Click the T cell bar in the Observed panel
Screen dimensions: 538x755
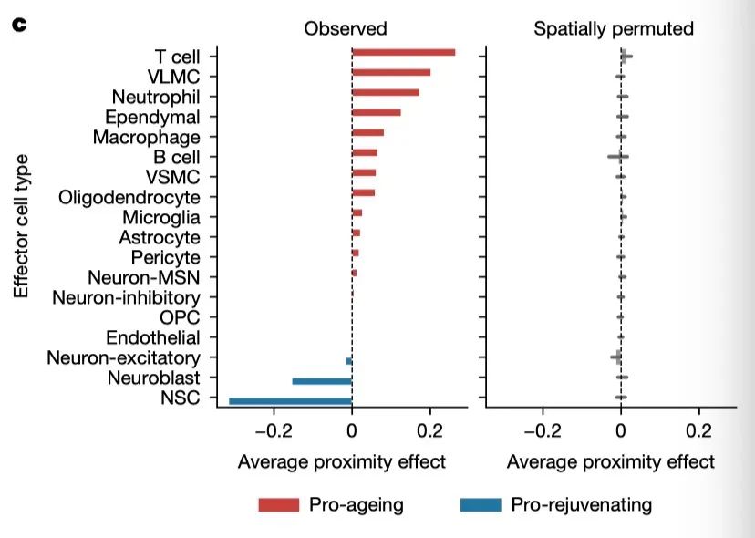pos(403,53)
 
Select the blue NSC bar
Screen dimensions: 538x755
pos(290,400)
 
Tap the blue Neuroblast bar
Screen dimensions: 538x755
pos(322,380)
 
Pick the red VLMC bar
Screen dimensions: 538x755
pos(391,73)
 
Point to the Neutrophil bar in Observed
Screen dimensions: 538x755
pos(386,93)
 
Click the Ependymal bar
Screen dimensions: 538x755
pos(377,113)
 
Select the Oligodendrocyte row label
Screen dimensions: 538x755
pos(129,197)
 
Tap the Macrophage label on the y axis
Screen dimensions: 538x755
pos(146,137)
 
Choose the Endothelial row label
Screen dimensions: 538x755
pos(152,337)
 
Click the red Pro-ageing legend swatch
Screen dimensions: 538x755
pos(278,504)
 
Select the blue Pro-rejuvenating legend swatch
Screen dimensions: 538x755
pos(481,504)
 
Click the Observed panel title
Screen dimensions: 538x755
pos(346,28)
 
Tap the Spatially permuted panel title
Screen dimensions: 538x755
pos(613,28)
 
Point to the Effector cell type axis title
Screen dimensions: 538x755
pos(22,226)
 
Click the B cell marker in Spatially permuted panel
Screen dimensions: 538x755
pos(618,157)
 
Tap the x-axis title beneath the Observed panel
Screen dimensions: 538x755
pos(342,461)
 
